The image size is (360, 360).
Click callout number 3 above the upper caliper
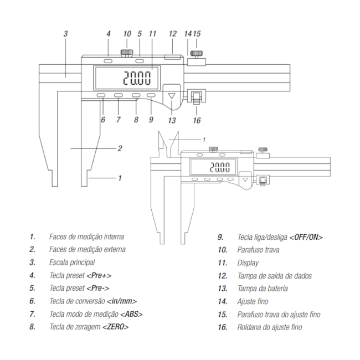point(65,34)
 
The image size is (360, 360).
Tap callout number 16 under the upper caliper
point(197,120)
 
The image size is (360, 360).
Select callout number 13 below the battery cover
point(172,120)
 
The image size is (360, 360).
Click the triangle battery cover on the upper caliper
point(172,96)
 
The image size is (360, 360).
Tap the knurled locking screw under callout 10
point(127,53)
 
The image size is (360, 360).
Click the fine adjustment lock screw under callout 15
point(197,54)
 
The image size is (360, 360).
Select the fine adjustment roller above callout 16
point(197,99)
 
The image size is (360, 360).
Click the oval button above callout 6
point(102,96)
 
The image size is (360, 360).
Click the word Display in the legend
point(248,263)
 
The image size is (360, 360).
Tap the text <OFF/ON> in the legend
point(306,237)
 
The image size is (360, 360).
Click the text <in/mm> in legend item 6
point(122,301)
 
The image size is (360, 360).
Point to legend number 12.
point(223,276)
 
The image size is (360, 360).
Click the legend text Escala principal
point(72,263)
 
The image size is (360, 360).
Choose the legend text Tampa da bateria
point(263,289)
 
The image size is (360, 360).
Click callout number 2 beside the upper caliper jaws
point(120,148)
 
